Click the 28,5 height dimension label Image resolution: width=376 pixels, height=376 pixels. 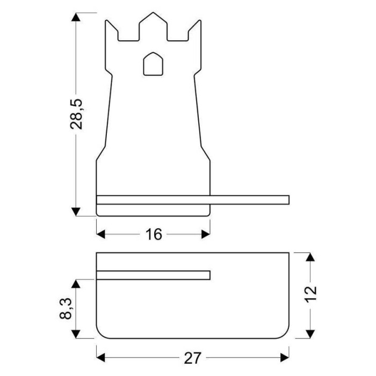[76, 114]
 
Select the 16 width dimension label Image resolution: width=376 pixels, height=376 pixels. [154, 234]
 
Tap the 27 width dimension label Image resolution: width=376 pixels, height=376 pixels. [192, 358]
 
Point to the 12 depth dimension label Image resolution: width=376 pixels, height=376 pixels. [311, 294]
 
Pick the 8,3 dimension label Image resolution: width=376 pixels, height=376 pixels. [66, 308]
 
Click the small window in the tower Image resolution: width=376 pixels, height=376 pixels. [153, 64]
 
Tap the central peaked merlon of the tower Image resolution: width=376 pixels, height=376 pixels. [153, 26]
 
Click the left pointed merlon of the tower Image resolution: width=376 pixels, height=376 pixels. [112, 31]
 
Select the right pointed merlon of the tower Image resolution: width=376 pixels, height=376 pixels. [194, 31]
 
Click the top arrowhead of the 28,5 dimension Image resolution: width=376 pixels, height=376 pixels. [76, 17]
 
